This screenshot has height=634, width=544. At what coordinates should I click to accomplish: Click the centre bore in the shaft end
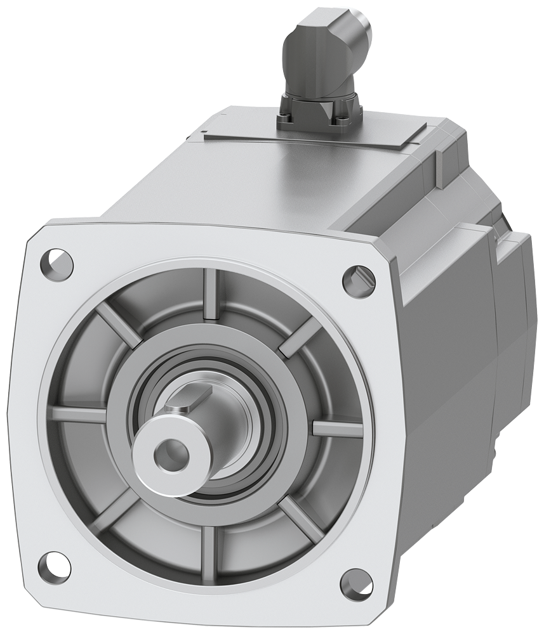[x=169, y=453]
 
